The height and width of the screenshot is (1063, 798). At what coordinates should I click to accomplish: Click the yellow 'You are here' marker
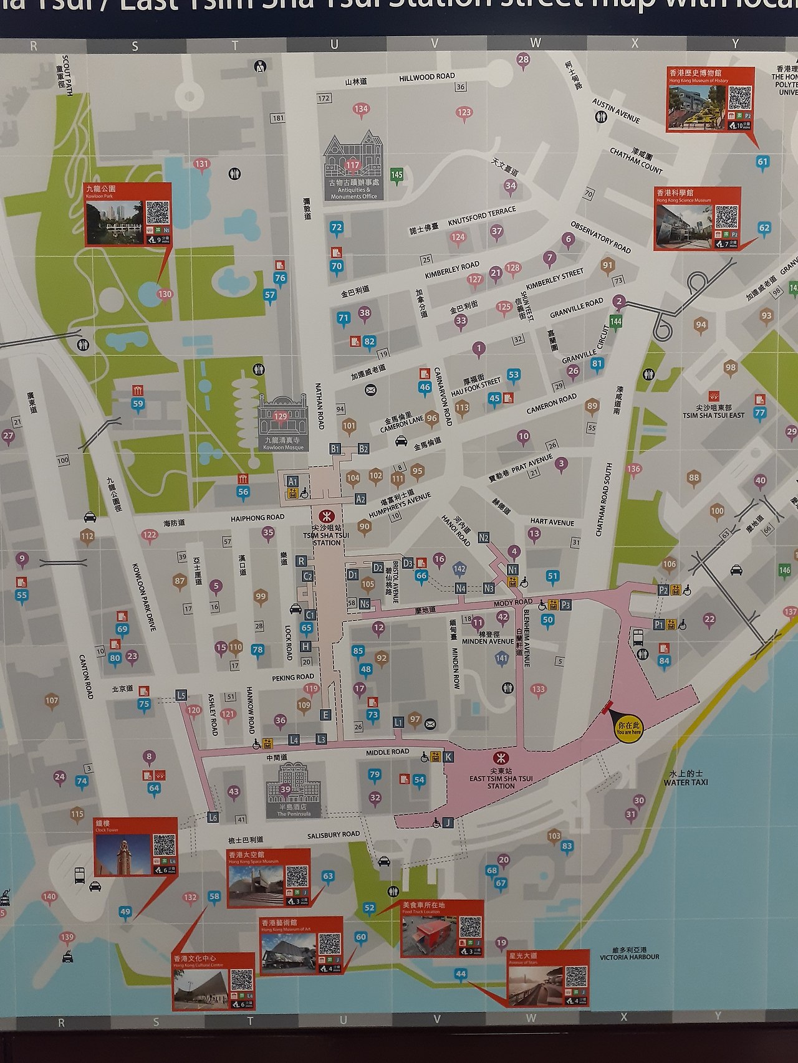tap(628, 727)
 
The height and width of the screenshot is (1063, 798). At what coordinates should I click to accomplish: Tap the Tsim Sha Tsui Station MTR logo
tap(324, 516)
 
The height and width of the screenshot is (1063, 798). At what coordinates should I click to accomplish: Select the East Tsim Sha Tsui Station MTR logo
tap(499, 758)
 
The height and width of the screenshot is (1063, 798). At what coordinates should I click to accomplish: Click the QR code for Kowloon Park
tap(158, 212)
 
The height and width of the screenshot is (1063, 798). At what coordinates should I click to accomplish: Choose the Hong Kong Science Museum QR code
tap(726, 217)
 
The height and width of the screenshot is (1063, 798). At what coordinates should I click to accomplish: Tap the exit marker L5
tap(181, 695)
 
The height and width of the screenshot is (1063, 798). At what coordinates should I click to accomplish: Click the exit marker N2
tap(484, 538)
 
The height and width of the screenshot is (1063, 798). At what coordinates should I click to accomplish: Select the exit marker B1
tap(335, 449)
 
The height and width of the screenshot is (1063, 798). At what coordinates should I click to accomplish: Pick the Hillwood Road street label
tap(427, 77)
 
